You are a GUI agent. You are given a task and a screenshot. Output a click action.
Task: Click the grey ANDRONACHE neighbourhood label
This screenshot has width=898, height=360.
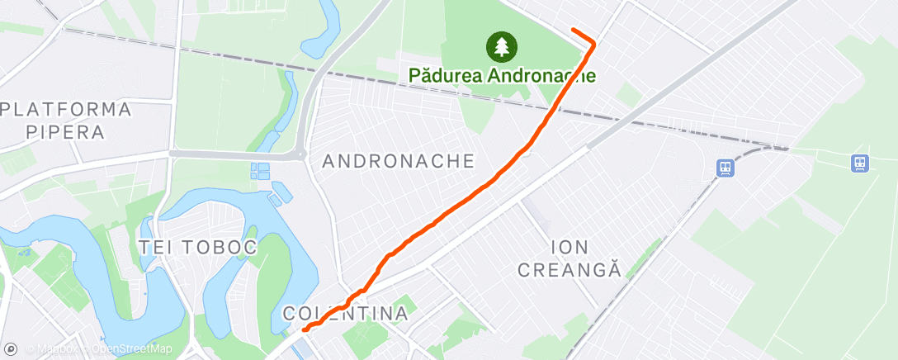click(x=399, y=161)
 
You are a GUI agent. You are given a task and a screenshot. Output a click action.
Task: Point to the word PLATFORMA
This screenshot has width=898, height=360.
click(x=66, y=110)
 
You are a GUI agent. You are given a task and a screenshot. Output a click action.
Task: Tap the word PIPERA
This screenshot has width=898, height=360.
click(x=65, y=131)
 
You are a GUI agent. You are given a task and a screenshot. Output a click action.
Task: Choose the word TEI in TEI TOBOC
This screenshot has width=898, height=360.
click(x=157, y=247)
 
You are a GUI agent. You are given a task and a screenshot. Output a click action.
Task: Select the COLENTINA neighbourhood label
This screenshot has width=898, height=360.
click(x=346, y=314)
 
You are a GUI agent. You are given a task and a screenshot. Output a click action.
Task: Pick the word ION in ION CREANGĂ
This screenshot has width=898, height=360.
click(x=570, y=246)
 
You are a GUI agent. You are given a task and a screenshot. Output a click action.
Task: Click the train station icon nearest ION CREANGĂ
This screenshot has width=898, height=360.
click(x=725, y=168)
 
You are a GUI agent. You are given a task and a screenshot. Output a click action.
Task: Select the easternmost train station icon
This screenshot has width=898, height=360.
click(x=860, y=163)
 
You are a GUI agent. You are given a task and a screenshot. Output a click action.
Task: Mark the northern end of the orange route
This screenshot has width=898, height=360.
click(x=573, y=30)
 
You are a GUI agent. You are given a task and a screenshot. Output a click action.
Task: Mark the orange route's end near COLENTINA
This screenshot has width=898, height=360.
click(x=305, y=329)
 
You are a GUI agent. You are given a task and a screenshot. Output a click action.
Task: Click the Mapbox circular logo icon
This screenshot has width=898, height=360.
click(x=11, y=349)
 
